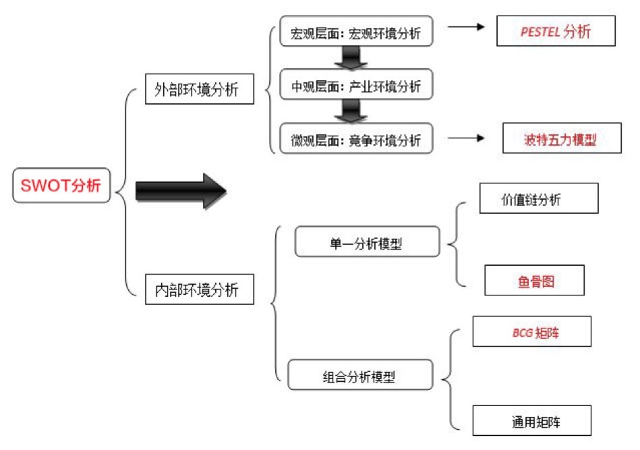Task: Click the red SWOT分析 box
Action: click(61, 185)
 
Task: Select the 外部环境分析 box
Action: click(200, 89)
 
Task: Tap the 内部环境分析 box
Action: click(200, 289)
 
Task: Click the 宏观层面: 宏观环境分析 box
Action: click(356, 31)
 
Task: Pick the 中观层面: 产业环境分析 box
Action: click(356, 84)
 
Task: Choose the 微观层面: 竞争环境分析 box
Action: click(356, 138)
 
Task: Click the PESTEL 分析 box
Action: click(556, 30)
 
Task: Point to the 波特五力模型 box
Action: click(562, 138)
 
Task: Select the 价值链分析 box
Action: click(539, 198)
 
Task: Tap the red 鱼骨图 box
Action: click(534, 280)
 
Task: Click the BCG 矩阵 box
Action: click(532, 331)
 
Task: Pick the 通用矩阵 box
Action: click(532, 420)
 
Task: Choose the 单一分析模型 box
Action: click(368, 242)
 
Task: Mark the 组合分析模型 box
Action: click(360, 374)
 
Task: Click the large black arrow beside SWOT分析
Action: click(181, 191)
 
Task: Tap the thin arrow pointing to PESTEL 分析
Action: click(466, 27)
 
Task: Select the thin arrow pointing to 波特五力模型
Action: click(466, 138)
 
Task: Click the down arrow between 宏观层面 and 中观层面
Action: click(351, 57)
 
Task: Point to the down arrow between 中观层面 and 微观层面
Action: click(351, 111)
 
